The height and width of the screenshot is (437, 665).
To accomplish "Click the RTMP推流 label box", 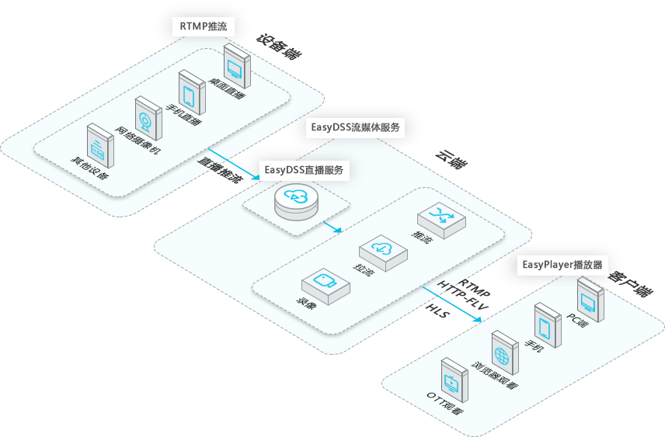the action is click(x=204, y=26).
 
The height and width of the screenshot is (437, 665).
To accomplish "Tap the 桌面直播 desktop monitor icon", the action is click(x=237, y=66).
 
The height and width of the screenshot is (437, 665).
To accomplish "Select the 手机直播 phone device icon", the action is click(x=192, y=92).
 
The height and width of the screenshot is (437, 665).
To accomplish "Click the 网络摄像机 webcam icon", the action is click(x=148, y=119).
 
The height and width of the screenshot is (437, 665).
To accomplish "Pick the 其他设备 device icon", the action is click(x=100, y=146).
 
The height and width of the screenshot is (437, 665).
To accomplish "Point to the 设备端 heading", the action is click(x=279, y=47).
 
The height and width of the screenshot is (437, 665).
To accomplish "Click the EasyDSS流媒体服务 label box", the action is click(x=355, y=127).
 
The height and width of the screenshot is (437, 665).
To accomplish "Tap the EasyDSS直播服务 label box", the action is click(x=304, y=171).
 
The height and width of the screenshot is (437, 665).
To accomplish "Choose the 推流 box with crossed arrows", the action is click(x=441, y=220).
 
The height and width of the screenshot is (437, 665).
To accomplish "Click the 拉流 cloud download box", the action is click(x=384, y=253).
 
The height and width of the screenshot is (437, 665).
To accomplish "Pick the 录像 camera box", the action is click(x=326, y=286).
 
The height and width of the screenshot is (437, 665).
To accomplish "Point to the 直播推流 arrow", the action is click(x=234, y=164).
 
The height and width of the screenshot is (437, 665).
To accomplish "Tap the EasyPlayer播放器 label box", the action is click(x=562, y=265).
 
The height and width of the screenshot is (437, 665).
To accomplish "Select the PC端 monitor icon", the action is click(x=590, y=300).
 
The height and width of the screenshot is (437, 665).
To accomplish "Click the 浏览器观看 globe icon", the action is click(x=505, y=353).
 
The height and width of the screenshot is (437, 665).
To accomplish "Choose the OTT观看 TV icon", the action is click(x=454, y=380).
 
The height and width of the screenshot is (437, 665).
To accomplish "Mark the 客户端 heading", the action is click(x=630, y=283).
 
